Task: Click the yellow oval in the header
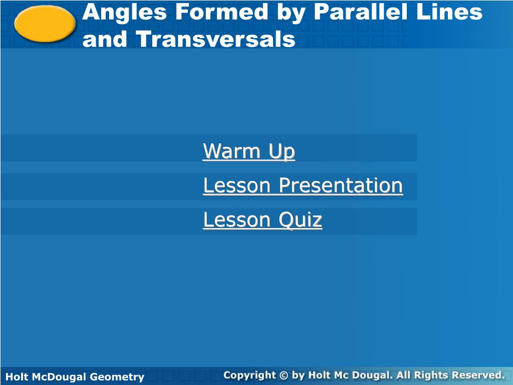pos(45,24)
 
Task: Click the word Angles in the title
pos(125,13)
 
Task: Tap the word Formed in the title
pos(222,12)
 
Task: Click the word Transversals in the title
pos(215,39)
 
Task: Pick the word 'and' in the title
pos(104,39)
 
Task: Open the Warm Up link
pos(249,151)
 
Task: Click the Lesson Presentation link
pos(303,185)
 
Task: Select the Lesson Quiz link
pos(263,220)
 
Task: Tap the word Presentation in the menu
pos(341,185)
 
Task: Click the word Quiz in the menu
pos(301,220)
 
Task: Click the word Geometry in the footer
pos(117,377)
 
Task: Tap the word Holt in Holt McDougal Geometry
pos(17,376)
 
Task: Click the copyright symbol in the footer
pos(284,375)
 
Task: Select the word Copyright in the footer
pos(249,375)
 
